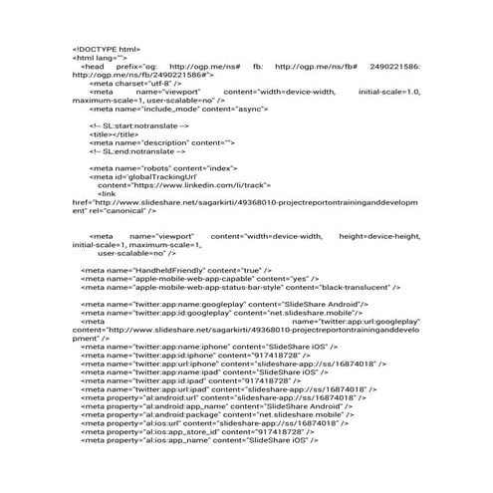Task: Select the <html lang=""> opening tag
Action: (x=100, y=57)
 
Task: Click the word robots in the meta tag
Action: (x=151, y=169)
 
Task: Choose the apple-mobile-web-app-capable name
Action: (x=185, y=280)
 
